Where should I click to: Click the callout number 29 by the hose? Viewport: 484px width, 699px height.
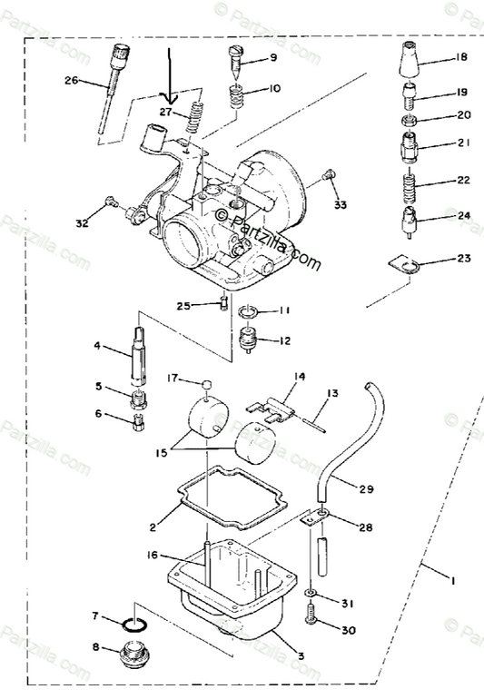click(x=366, y=489)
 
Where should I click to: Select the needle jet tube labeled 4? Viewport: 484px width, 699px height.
click(x=141, y=349)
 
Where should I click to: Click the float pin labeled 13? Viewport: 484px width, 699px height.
click(x=310, y=418)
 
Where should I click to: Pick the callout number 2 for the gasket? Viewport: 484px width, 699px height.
click(x=153, y=526)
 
